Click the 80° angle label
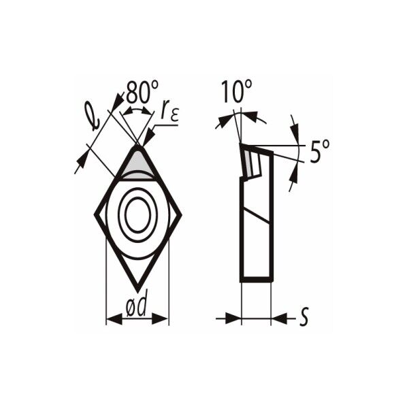click(142, 91)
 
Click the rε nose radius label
click(169, 112)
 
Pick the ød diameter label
click(137, 306)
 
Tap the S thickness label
click(304, 317)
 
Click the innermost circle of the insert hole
click(137, 214)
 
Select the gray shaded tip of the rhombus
click(137, 164)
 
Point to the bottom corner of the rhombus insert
click(138, 291)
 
